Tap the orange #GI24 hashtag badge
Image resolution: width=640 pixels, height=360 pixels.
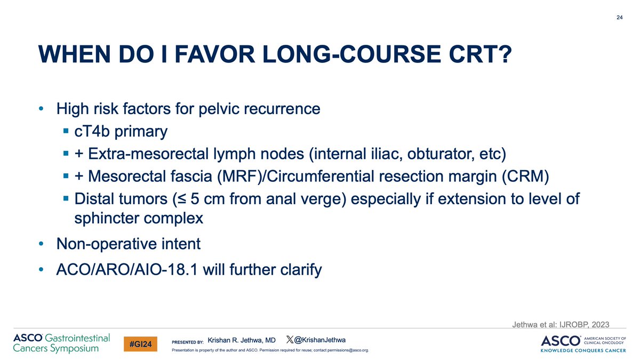tap(140, 345)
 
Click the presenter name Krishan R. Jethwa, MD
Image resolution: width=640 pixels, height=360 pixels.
tap(241, 340)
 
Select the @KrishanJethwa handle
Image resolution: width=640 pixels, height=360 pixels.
tap(319, 340)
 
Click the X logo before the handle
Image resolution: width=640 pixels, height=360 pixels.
tap(290, 340)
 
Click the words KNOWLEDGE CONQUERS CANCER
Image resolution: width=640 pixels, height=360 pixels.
tap(586, 351)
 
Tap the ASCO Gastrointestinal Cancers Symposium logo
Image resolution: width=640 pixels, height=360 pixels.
tap(61, 343)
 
